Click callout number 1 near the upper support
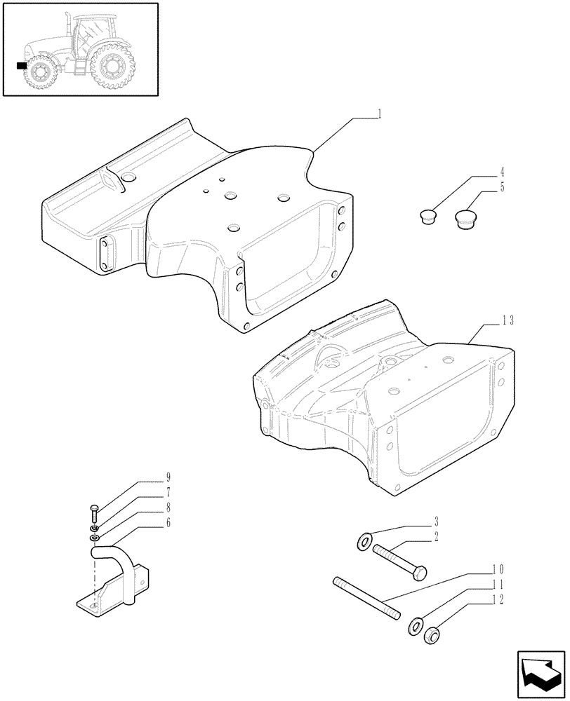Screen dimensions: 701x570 click(x=379, y=113)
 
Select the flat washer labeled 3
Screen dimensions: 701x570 click(x=365, y=541)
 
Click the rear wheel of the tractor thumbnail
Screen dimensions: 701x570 click(x=111, y=67)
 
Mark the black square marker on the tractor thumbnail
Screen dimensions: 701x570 click(x=22, y=65)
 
